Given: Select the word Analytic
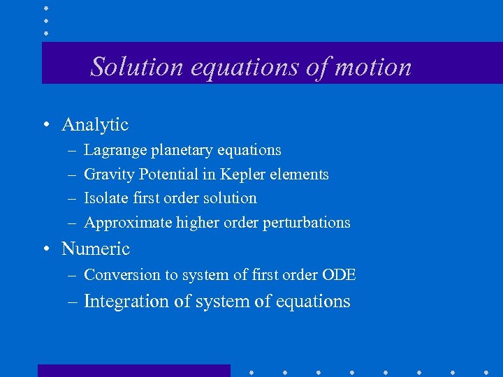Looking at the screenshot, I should tap(95, 125).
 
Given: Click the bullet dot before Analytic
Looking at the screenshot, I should tap(45, 126).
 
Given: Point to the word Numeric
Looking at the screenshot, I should tap(96, 249).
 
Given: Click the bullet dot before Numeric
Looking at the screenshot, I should tap(45, 249).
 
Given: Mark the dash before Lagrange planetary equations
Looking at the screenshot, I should tap(72, 151).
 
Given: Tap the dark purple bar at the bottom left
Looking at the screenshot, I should tap(133, 371).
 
